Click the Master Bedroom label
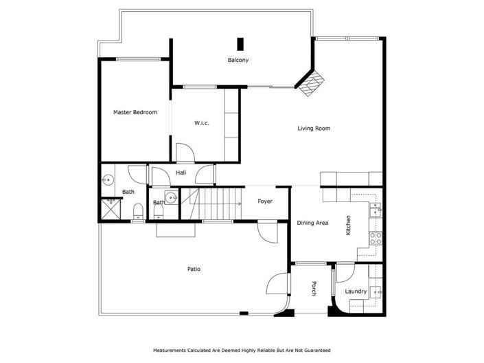135,112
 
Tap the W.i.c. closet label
201,123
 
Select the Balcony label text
238,60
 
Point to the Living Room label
314,129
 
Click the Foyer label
265,201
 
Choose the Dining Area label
312,223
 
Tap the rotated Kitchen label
349,226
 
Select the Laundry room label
356,291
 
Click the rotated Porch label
314,289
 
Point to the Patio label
194,269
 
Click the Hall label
181,173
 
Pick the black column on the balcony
240,43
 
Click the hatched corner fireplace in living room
312,82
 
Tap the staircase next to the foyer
218,203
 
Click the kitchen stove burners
376,239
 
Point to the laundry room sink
376,291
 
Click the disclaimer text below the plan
242,351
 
